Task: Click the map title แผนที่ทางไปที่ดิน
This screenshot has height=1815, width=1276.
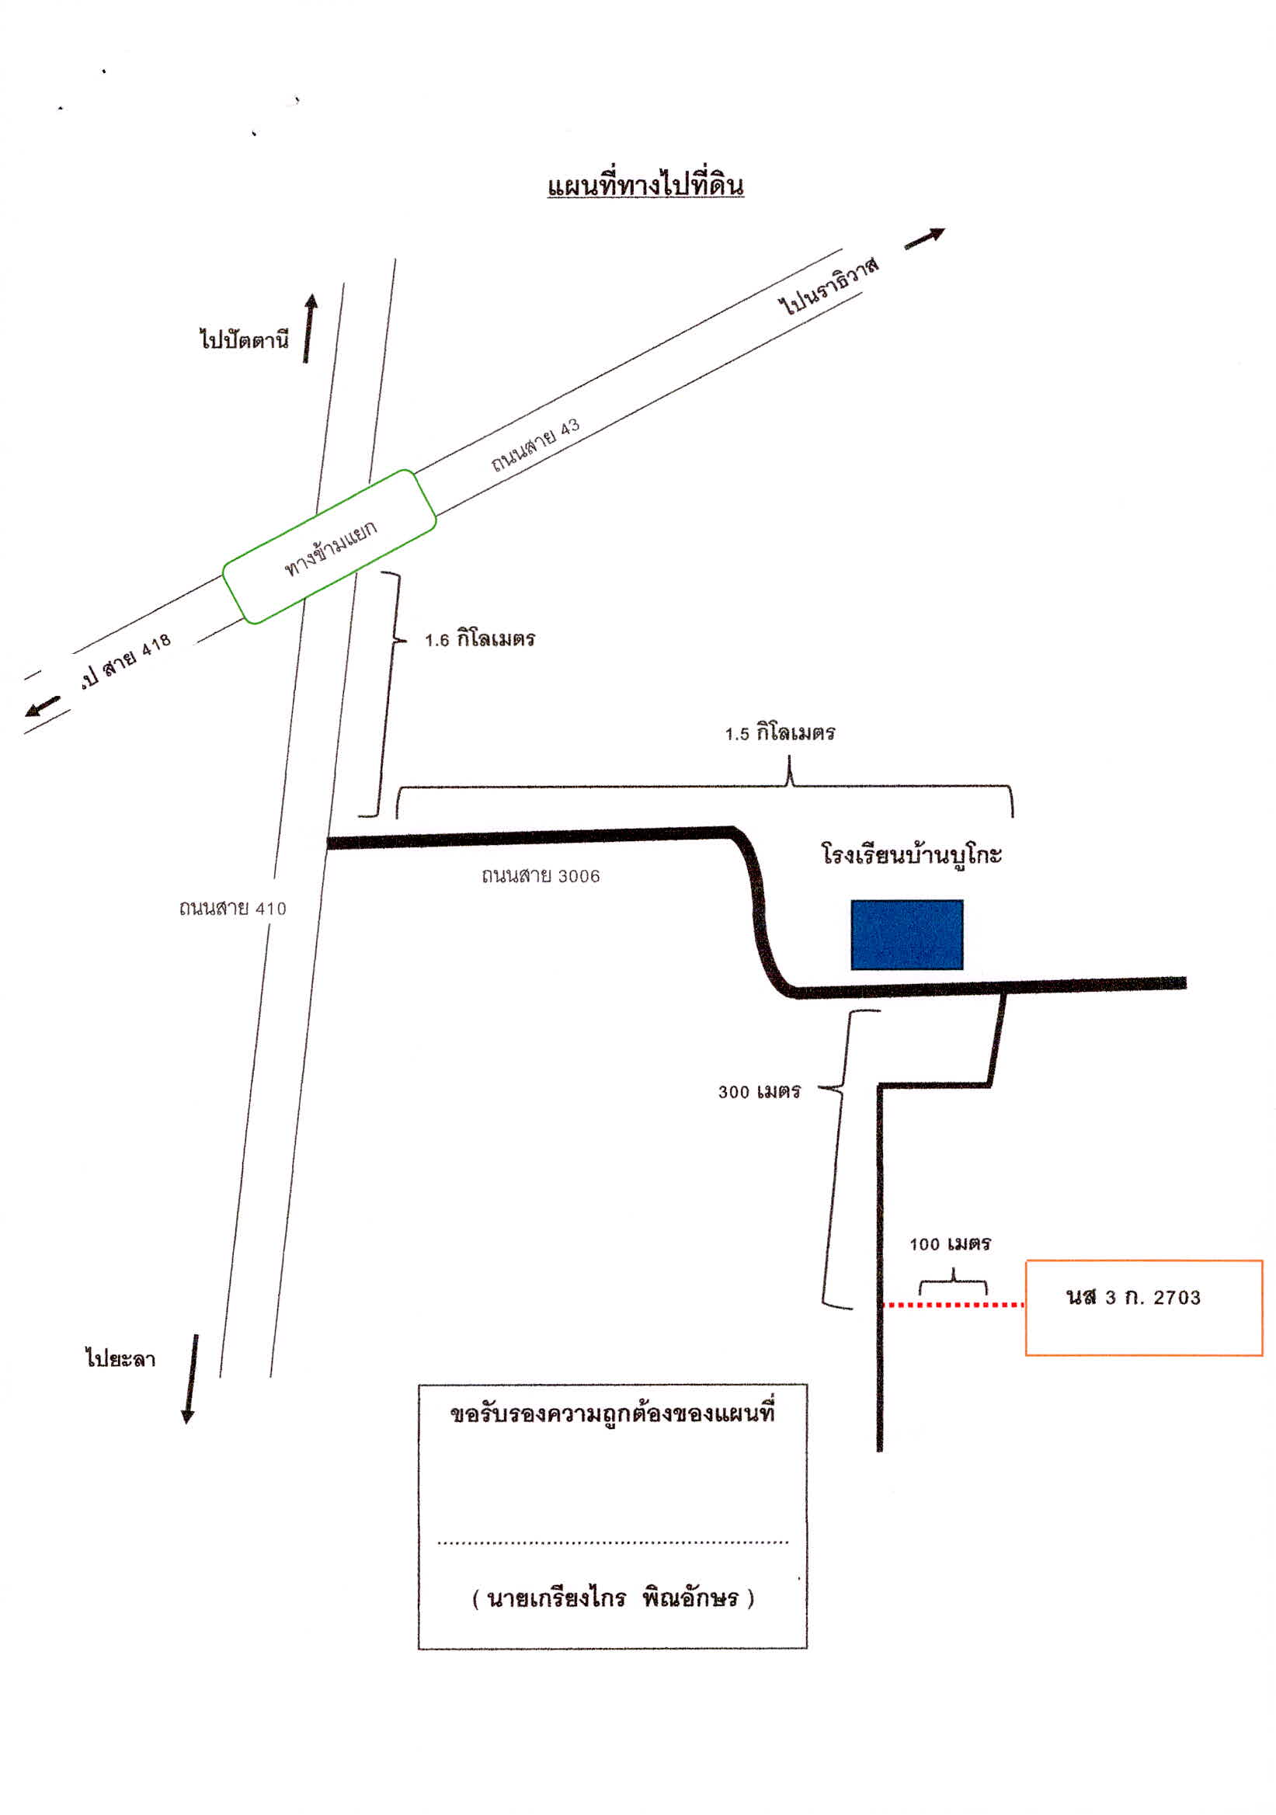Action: point(645,185)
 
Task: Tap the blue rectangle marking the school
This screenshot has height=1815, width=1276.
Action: point(907,934)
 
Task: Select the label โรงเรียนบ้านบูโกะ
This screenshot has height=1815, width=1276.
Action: point(912,854)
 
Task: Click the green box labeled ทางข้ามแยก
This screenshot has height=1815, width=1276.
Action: point(329,546)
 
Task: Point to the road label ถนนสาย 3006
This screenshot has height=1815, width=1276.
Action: point(541,875)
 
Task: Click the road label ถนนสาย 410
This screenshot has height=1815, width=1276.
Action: point(232,909)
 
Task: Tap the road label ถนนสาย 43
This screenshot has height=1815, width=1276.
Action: point(535,444)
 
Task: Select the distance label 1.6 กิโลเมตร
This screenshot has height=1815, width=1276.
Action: point(480,638)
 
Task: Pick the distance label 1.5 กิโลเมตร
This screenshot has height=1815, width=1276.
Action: point(780,733)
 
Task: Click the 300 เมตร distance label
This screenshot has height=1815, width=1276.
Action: point(759,1092)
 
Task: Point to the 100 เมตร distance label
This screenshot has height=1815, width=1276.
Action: point(950,1244)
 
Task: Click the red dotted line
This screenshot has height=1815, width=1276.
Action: point(953,1304)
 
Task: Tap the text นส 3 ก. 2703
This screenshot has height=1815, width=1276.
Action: point(1133,1297)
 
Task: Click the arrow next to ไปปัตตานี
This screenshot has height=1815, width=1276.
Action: point(309,329)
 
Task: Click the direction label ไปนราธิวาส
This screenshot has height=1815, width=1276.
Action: point(828,285)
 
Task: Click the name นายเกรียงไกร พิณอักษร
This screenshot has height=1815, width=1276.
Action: point(613,1598)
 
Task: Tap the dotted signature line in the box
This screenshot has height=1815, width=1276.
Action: point(613,1542)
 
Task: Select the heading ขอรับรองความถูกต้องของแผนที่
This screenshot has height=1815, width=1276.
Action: point(613,1413)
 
